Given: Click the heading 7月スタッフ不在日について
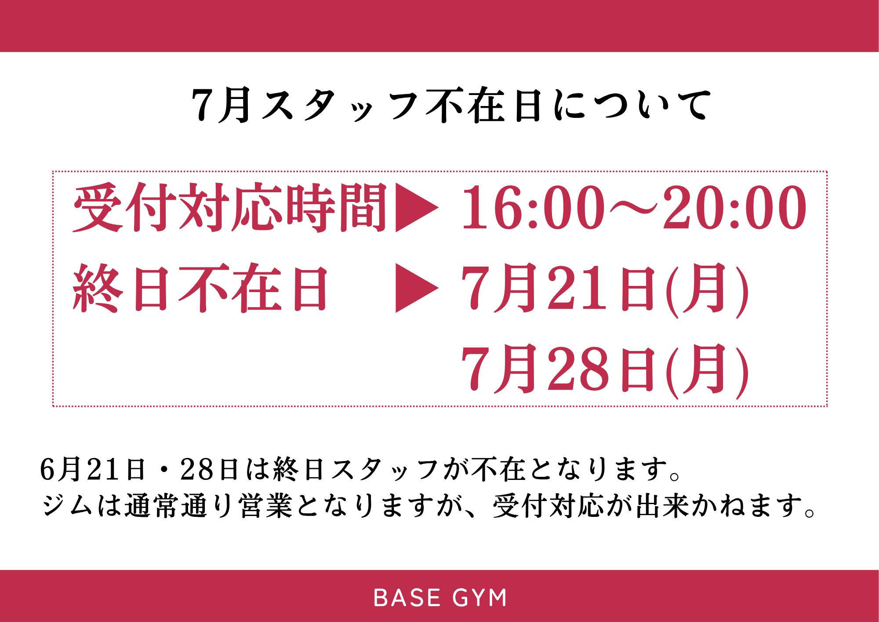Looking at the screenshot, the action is (x=451, y=105).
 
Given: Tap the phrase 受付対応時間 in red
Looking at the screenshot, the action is (x=229, y=207).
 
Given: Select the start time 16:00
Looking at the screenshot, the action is (x=533, y=207).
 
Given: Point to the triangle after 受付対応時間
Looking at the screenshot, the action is (x=417, y=207).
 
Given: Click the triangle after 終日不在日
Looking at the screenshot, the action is (x=417, y=288).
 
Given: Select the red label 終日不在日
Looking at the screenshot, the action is (x=200, y=288).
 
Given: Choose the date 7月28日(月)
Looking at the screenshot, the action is (x=605, y=370).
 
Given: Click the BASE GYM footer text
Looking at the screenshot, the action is (x=440, y=598).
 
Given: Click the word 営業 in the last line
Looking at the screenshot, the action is (x=265, y=505).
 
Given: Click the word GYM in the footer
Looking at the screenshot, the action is (x=479, y=598).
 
